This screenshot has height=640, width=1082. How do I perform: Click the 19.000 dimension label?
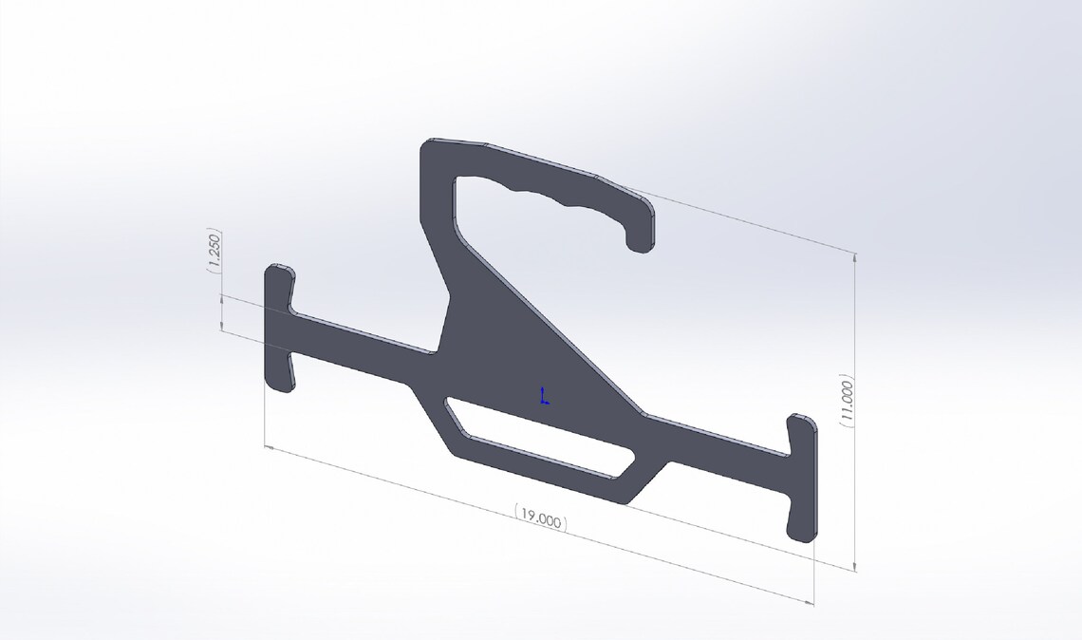pyautogui.click(x=541, y=519)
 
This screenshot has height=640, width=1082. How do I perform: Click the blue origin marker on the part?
pyautogui.click(x=544, y=397)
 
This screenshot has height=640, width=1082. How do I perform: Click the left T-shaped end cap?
pyautogui.click(x=278, y=328)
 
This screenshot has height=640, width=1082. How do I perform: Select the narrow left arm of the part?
pyautogui.click(x=361, y=343)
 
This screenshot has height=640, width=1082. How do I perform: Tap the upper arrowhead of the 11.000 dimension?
pyautogui.click(x=856, y=256)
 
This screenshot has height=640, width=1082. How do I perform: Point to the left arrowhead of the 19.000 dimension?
pyautogui.click(x=267, y=445)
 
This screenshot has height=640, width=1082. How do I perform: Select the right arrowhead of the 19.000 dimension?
pyautogui.click(x=811, y=602)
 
